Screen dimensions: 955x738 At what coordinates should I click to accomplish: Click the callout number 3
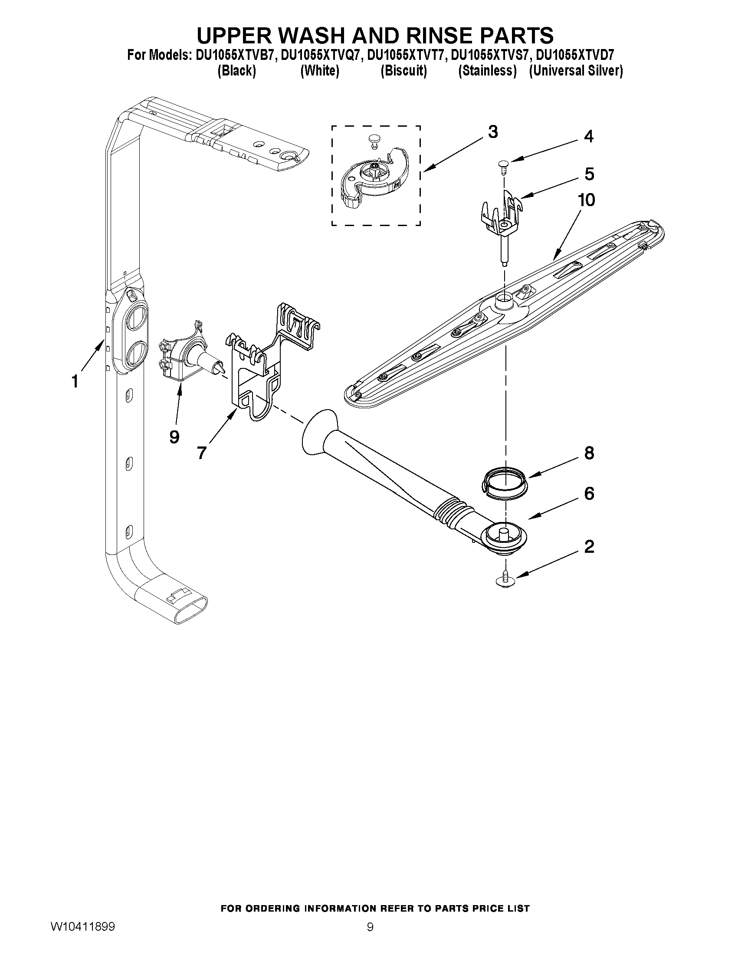[x=493, y=132]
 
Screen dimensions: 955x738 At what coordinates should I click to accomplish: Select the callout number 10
[x=586, y=200]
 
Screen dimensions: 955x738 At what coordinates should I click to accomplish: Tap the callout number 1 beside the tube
[x=75, y=381]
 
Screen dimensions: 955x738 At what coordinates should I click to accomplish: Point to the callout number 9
[x=174, y=436]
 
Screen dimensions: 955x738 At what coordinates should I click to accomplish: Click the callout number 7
[x=201, y=453]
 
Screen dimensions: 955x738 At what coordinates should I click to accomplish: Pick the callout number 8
[x=589, y=453]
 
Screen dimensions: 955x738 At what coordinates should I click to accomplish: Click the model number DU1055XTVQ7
[x=320, y=55]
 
